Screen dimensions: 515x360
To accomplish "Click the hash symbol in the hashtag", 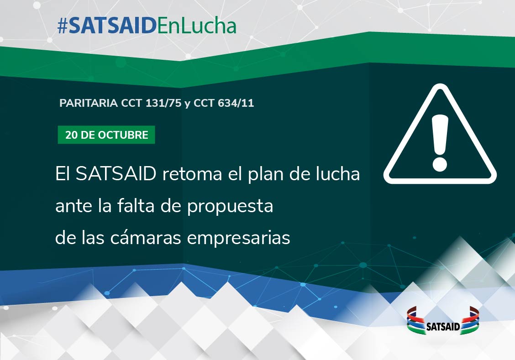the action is point(62,26).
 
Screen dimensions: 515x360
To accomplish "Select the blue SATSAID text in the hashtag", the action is point(112,26).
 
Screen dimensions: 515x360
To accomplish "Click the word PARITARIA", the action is point(89,103).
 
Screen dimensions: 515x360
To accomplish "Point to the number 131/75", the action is point(163,103).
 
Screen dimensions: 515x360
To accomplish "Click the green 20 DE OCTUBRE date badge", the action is point(106,135).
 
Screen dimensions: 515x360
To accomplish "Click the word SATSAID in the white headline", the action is point(116,173).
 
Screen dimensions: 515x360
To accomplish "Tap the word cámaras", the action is point(146,237).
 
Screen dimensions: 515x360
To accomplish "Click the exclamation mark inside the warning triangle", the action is point(440,143).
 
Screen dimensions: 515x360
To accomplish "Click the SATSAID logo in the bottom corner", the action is point(443,321).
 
